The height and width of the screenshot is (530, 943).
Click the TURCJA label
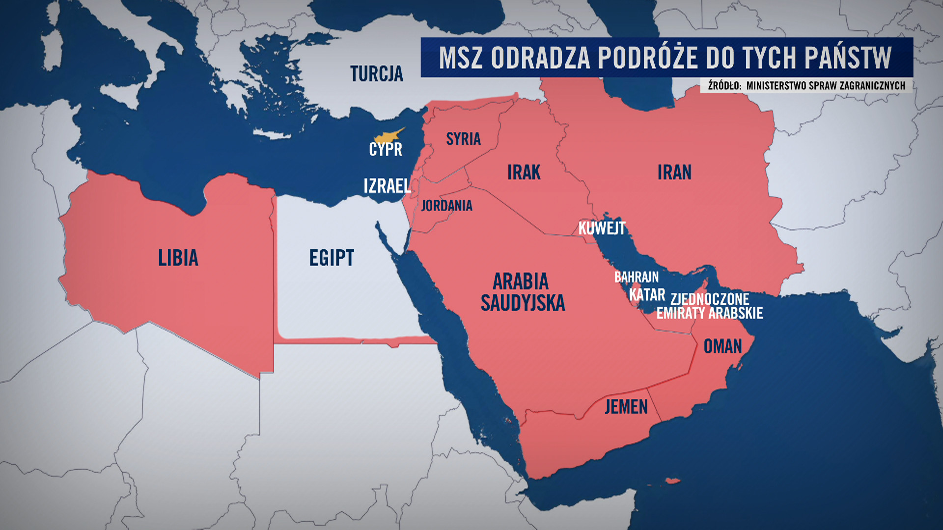[x=376, y=74]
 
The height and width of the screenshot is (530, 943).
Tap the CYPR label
[x=386, y=149]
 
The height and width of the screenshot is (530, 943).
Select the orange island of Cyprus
[x=388, y=135]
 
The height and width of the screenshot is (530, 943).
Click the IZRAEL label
[x=387, y=186]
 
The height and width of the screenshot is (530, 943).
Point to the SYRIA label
[x=463, y=139]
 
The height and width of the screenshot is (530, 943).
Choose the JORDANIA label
[x=446, y=206]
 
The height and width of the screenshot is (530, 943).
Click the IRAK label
[x=524, y=172]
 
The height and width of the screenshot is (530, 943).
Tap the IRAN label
[x=674, y=172]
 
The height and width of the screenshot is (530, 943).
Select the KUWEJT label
[x=602, y=228]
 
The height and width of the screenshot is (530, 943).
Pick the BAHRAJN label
[x=636, y=277]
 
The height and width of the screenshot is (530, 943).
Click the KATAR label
[x=647, y=295]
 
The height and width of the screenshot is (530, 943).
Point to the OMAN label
[x=722, y=346]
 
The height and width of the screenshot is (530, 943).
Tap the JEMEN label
[x=626, y=407]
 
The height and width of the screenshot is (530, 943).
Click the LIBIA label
[x=178, y=258]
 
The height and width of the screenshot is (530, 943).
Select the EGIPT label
[x=332, y=258]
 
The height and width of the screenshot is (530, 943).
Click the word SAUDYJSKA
[x=523, y=303]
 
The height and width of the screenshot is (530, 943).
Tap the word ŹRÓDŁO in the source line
[x=724, y=85]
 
